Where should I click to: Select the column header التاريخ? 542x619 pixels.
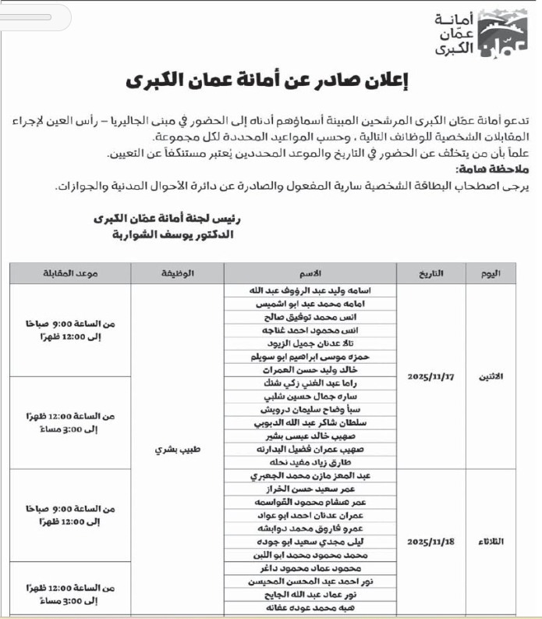[430, 273]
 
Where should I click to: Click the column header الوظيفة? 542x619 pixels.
[177, 273]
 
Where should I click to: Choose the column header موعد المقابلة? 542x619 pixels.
[70, 273]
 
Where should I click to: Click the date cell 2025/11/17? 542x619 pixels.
[430, 375]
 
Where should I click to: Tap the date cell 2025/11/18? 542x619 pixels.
[430, 541]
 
